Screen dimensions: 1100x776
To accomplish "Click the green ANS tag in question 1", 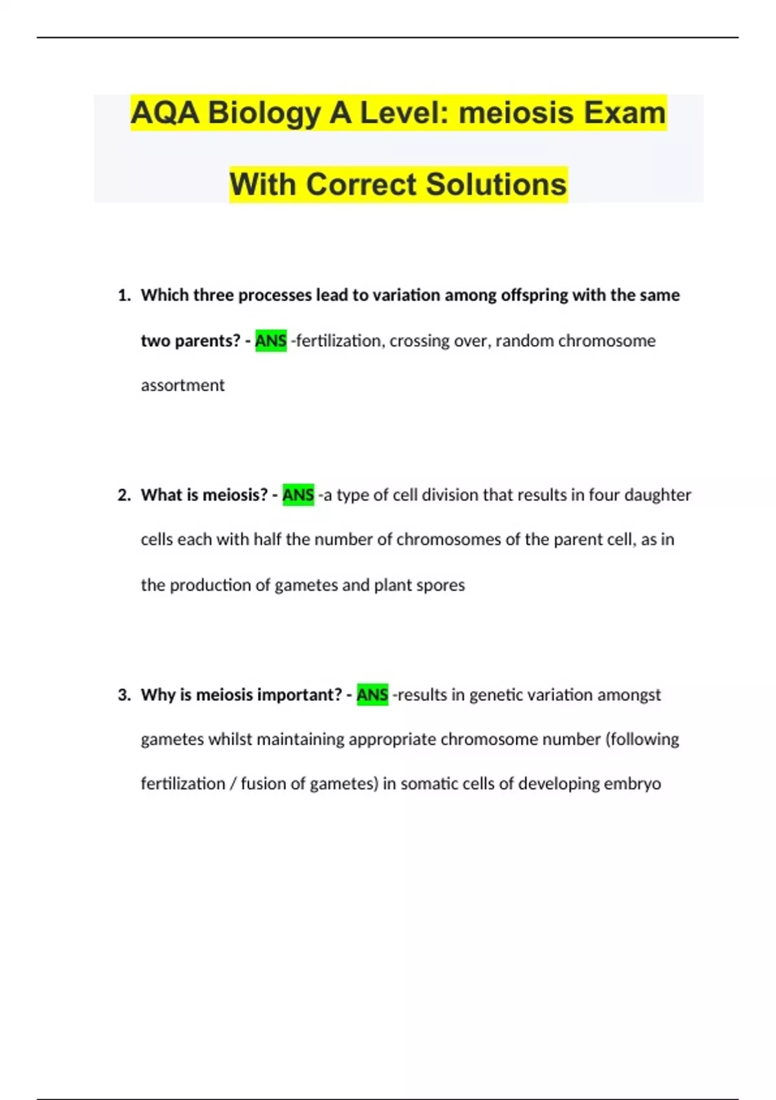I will tap(271, 340).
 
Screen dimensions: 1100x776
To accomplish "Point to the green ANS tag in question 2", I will tap(298, 495).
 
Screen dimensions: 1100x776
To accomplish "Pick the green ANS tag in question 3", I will tap(372, 695).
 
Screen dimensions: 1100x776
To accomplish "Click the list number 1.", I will tap(124, 296).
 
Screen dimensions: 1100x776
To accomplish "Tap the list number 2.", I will tap(124, 495).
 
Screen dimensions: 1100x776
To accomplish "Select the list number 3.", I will tap(124, 695).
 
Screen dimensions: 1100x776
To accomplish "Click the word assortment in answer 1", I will tap(182, 386).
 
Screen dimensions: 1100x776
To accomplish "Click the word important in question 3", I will tap(300, 695).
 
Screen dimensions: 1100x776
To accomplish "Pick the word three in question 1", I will tap(213, 295).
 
